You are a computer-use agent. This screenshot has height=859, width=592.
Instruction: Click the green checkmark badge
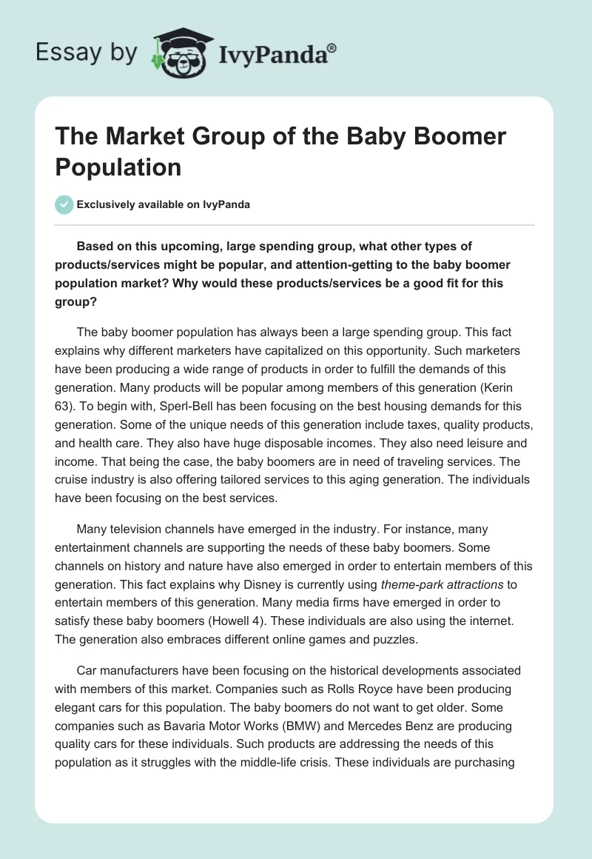[64, 204]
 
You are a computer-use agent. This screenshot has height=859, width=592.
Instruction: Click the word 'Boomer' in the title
[460, 136]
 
